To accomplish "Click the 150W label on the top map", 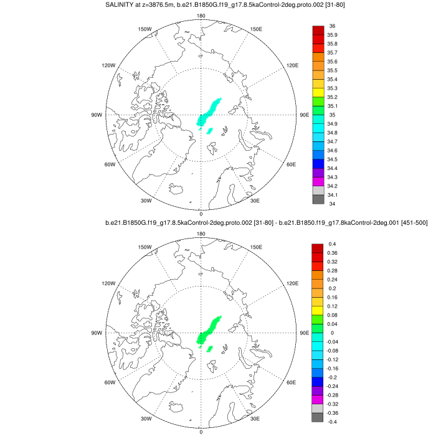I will click(145, 29).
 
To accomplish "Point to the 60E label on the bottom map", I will click(291, 382).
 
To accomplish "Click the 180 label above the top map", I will click(201, 15).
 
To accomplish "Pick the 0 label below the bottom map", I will click(201, 432).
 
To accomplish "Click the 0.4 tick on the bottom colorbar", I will click(332, 244).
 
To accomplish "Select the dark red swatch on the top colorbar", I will click(318, 31).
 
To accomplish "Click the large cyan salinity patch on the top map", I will click(209, 111).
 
